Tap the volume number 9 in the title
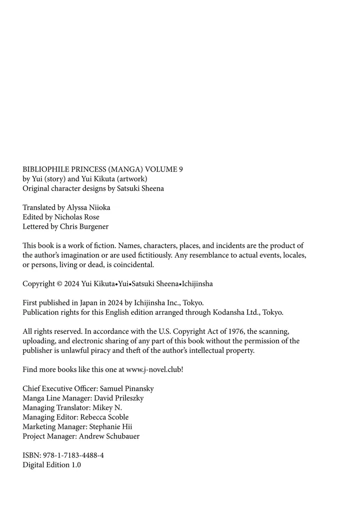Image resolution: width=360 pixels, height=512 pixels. click(180, 169)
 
